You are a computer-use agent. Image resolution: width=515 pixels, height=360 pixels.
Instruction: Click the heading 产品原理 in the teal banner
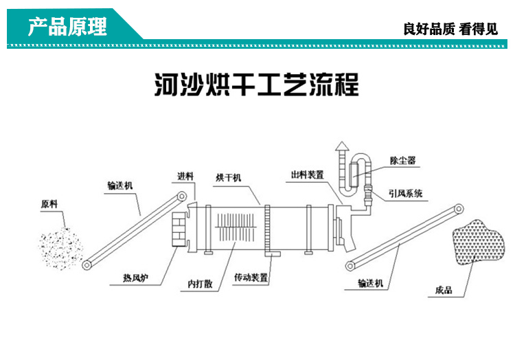coord(67,27)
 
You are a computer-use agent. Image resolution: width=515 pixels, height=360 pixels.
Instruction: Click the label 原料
coord(49,204)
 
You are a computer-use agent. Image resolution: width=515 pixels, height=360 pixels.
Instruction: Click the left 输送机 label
coord(119,185)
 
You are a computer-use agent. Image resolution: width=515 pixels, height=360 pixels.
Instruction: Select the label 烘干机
coord(228,178)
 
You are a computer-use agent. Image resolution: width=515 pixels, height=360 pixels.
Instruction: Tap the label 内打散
coord(199,283)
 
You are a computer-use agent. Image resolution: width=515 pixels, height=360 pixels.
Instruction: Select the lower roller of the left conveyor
coord(87,265)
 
